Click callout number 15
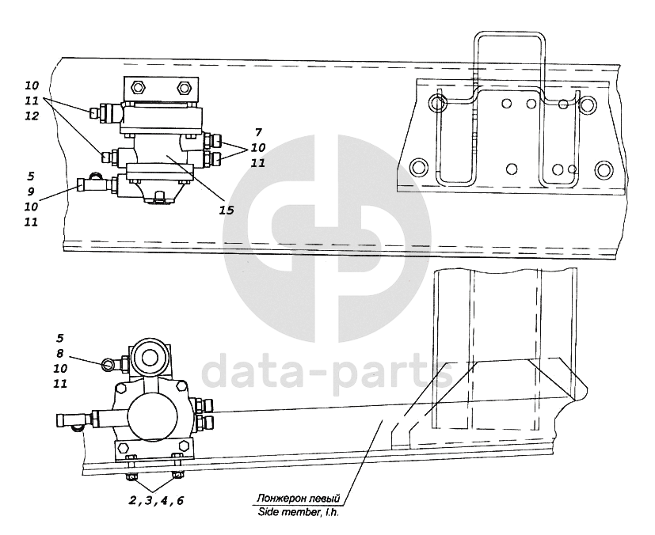(x=227, y=210)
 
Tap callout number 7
(x=258, y=132)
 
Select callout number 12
(x=32, y=116)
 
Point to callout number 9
(x=31, y=192)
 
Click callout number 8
(x=59, y=354)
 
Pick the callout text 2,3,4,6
(x=156, y=500)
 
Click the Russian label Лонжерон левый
(x=299, y=498)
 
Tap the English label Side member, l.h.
(x=299, y=511)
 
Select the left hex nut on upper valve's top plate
(x=136, y=88)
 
